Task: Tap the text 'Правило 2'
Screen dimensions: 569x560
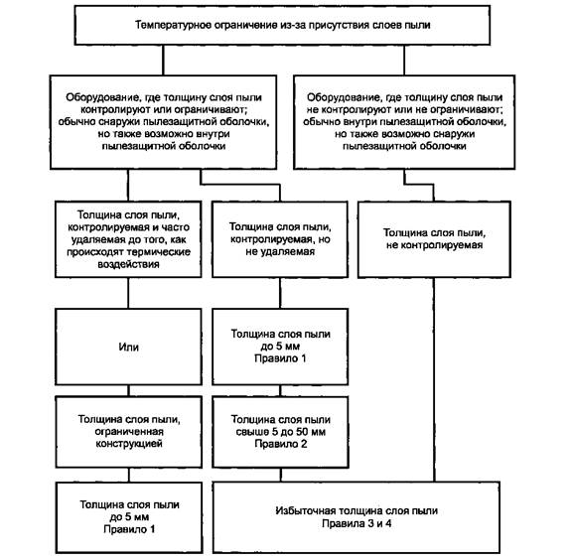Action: [280, 444]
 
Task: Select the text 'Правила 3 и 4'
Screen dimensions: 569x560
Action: [356, 523]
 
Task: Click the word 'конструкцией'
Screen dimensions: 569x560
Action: [129, 444]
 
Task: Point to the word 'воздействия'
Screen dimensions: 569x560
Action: [128, 264]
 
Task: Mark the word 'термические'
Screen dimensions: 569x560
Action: [162, 252]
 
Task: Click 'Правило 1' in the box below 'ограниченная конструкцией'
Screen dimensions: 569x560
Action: [129, 529]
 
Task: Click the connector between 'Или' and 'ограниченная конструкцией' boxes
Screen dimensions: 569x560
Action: [128, 390]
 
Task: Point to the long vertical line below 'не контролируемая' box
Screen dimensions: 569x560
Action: [434, 379]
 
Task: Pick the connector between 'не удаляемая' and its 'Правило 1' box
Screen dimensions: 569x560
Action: [280, 293]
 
